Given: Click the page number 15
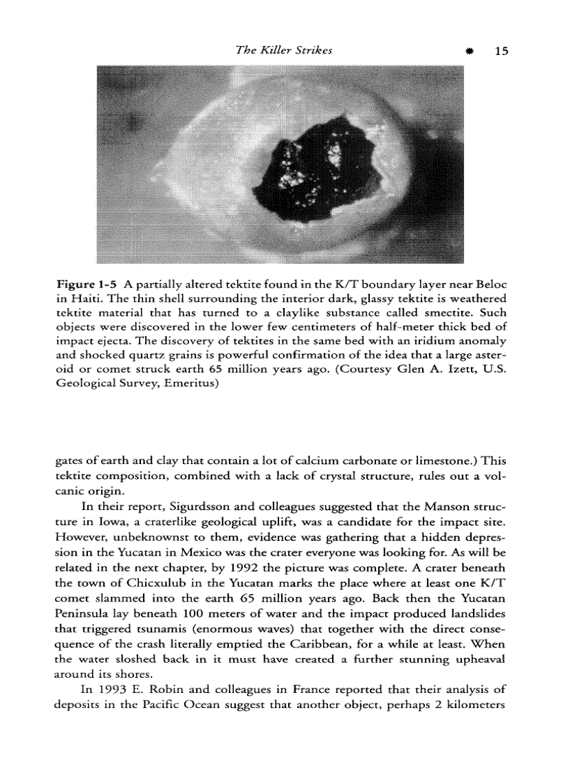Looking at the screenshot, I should [500, 51].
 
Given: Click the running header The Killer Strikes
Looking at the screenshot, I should [284, 50].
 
